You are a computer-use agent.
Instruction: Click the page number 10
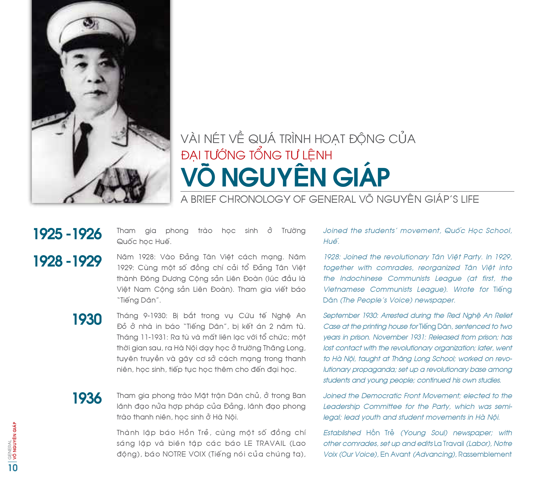tap(13, 468)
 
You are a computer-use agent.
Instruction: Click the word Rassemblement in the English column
tap(485, 454)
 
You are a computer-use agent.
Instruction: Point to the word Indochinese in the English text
tap(361, 278)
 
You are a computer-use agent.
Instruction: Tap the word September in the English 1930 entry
tap(341, 316)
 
